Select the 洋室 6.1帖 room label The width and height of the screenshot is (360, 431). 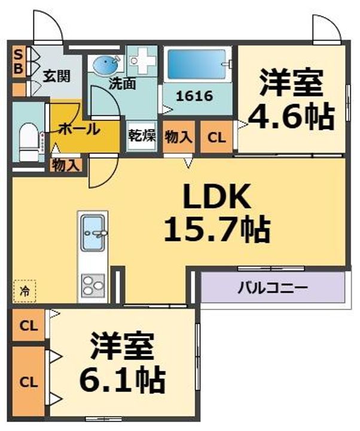click(123, 361)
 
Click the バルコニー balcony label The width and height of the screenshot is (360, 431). click(273, 287)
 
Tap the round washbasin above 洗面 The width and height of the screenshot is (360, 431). click(106, 64)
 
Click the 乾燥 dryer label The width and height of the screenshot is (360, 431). click(141, 136)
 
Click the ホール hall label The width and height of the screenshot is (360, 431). click(80, 128)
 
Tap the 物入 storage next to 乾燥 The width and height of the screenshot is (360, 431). click(178, 136)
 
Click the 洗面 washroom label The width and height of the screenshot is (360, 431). click(121, 84)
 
